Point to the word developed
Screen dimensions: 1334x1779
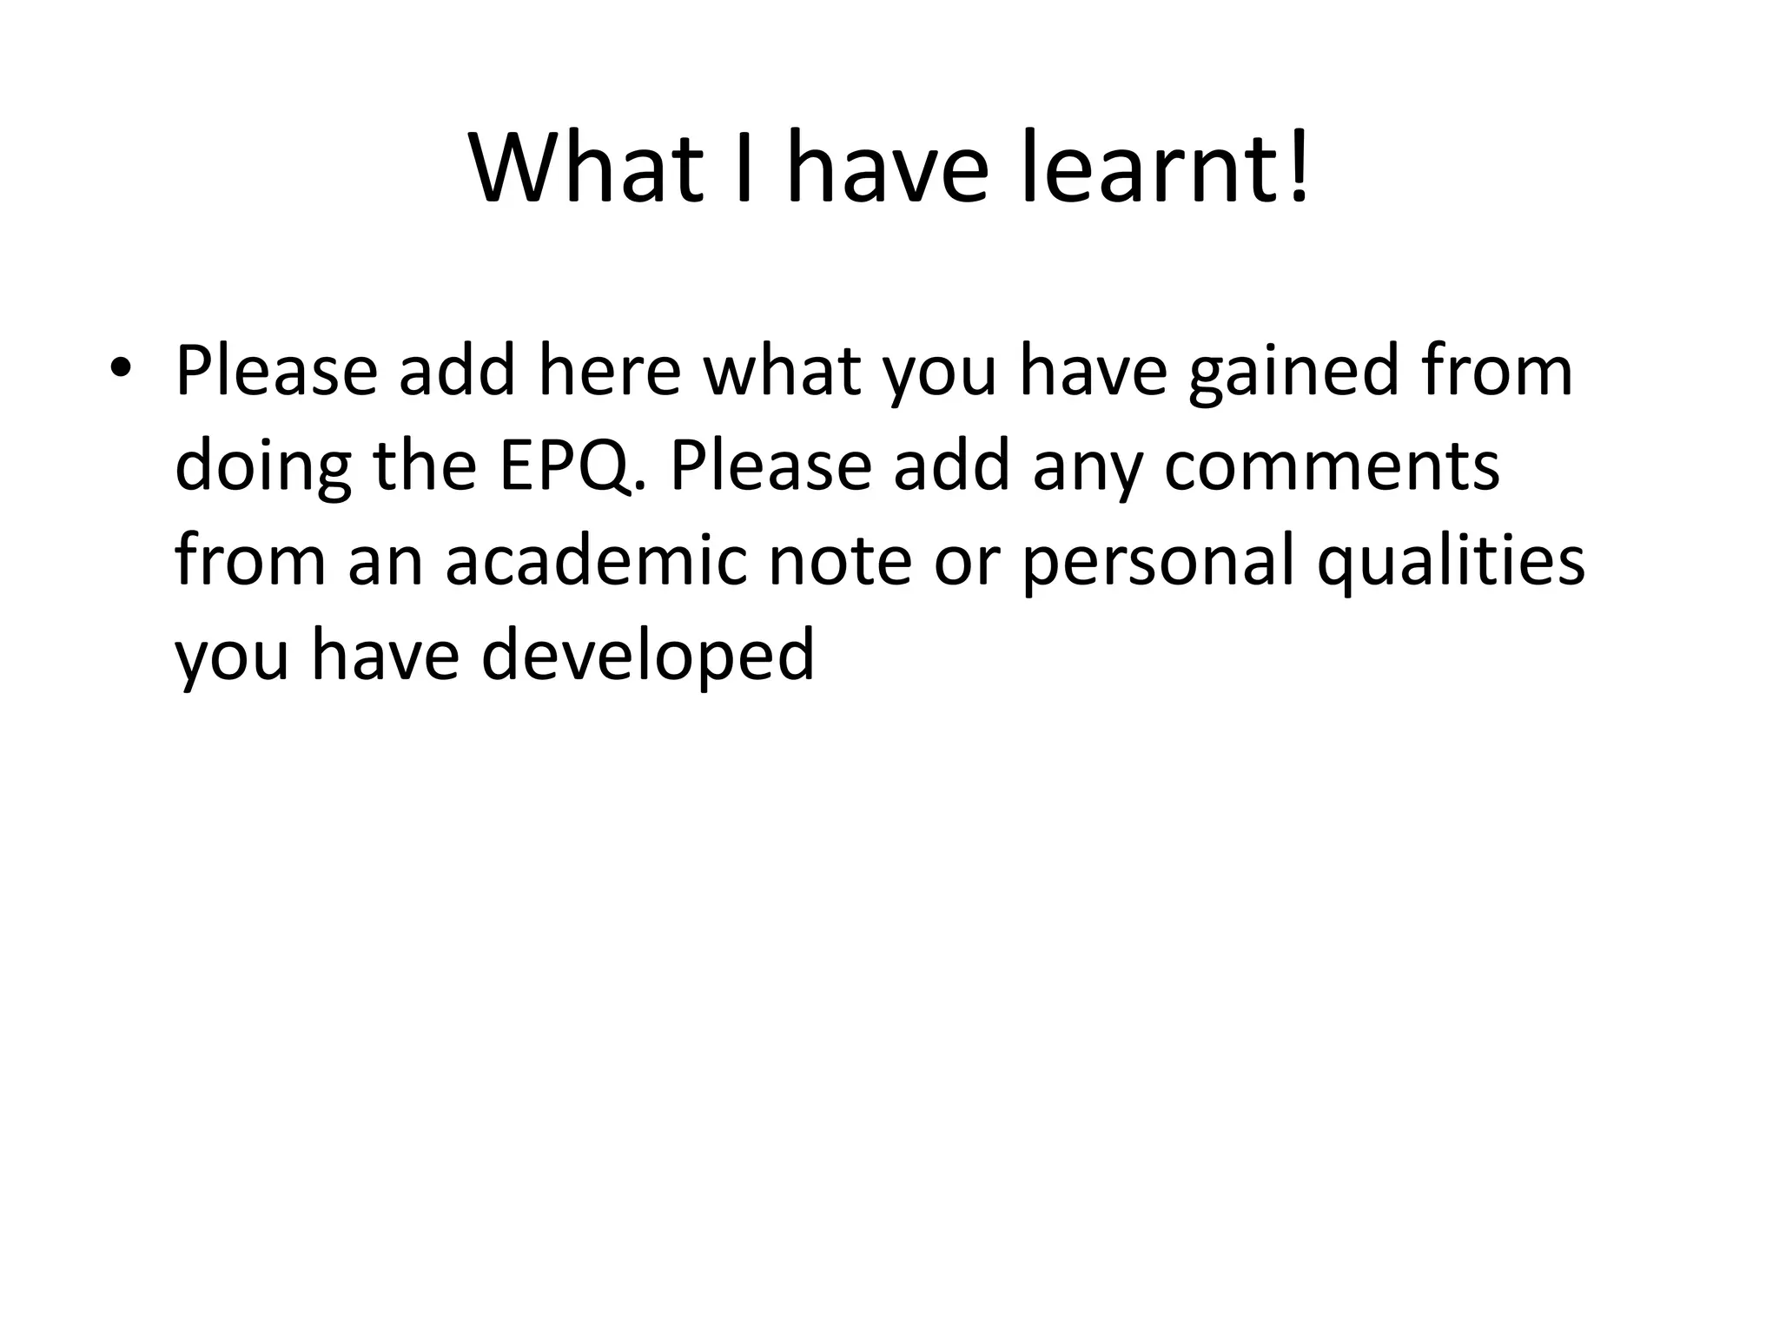pos(647,657)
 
